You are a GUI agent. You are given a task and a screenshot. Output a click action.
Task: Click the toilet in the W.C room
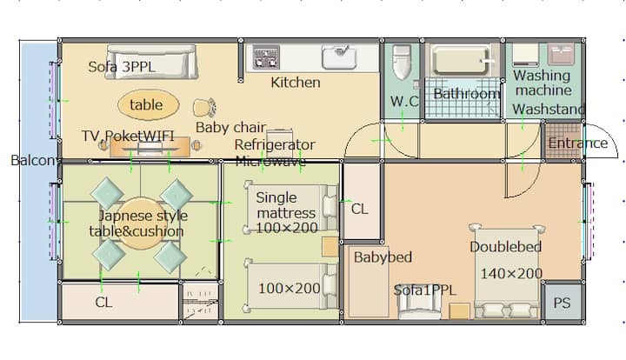pyautogui.click(x=401, y=62)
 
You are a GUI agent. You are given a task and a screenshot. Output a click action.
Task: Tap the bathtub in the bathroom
pyautogui.click(x=461, y=60)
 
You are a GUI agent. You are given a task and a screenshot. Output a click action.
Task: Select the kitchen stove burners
pyautogui.click(x=266, y=57)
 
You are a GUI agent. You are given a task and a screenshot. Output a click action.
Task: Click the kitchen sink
pyautogui.click(x=339, y=57)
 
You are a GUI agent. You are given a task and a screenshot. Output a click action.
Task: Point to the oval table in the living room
pyautogui.click(x=148, y=104)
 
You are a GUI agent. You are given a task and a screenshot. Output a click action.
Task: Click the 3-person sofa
pyautogui.click(x=152, y=62)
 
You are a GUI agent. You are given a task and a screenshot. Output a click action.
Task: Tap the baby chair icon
pyautogui.click(x=204, y=108)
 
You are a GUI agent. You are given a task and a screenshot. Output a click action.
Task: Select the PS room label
pyautogui.click(x=562, y=303)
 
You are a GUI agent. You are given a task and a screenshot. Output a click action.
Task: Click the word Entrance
pyautogui.click(x=577, y=143)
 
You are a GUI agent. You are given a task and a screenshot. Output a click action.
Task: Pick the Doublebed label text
pyautogui.click(x=505, y=246)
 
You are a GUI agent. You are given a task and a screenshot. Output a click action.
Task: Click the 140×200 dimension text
pyautogui.click(x=511, y=273)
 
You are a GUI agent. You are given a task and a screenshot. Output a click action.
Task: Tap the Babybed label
pyautogui.click(x=383, y=257)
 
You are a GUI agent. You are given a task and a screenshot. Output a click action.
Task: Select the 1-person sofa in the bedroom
pyautogui.click(x=419, y=306)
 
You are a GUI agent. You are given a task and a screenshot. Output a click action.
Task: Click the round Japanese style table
pyautogui.click(x=140, y=223)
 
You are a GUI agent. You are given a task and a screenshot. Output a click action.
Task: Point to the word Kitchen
pyautogui.click(x=296, y=83)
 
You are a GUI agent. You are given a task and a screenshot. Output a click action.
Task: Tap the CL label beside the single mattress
pyautogui.click(x=359, y=209)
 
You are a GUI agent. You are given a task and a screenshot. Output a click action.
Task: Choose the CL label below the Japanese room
pyautogui.click(x=103, y=302)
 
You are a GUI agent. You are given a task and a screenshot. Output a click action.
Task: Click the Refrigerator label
pyautogui.click(x=275, y=144)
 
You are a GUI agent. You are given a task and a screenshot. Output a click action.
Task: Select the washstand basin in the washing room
pyautogui.click(x=561, y=54)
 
